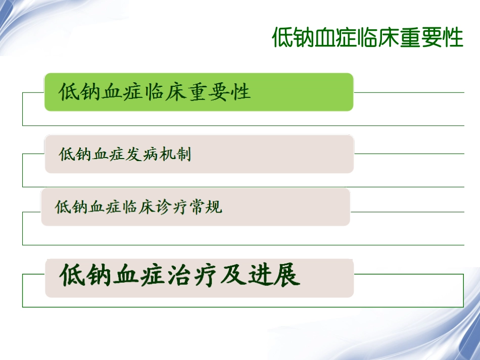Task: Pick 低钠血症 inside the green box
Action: (101, 92)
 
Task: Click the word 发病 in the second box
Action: (141, 155)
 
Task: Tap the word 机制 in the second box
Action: (175, 155)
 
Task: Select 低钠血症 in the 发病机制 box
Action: (92, 155)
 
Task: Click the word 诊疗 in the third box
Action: (172, 207)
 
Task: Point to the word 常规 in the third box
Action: (205, 207)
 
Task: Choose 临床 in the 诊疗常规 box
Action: (138, 207)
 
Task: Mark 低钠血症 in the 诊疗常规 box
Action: (88, 207)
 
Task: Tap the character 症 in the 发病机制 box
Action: (117, 155)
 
